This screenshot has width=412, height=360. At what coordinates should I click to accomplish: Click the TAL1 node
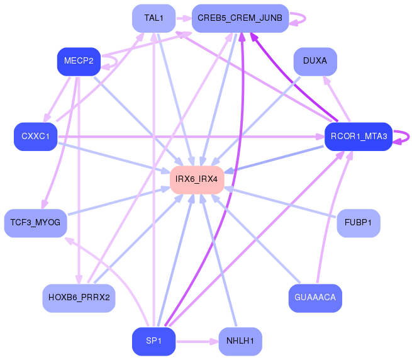tap(153, 18)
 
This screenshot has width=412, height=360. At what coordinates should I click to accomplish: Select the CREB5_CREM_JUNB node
tap(240, 18)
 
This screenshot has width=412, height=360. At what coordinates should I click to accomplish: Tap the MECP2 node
tap(79, 61)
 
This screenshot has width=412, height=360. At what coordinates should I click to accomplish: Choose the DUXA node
tap(315, 61)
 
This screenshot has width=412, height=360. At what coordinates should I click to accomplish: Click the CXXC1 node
tap(36, 137)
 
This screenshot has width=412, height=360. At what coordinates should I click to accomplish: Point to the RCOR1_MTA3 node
tap(358, 137)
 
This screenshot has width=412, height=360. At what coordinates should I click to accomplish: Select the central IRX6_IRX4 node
tap(197, 179)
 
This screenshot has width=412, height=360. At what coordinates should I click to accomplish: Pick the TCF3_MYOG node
tap(35, 223)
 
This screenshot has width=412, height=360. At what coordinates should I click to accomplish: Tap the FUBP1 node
tap(359, 223)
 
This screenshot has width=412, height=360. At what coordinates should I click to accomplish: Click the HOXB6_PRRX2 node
tap(79, 298)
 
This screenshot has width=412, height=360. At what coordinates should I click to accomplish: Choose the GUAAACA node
tap(315, 298)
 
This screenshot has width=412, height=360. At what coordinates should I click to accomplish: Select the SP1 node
tap(153, 341)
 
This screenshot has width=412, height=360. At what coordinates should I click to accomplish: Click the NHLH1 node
tap(240, 341)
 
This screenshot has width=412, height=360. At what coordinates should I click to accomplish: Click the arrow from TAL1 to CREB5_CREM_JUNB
tap(183, 18)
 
